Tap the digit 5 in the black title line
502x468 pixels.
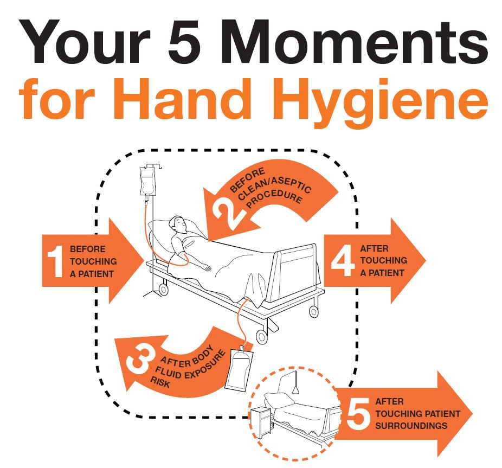point(185,42)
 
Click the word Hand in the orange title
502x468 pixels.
point(181,98)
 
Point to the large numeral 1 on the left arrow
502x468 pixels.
point(55,261)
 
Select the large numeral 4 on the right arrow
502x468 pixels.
point(343,260)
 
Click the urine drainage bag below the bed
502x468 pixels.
point(239,369)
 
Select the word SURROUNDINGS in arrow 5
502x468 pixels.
point(411,426)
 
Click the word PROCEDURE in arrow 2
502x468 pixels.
point(275,198)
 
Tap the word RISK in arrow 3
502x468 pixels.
point(160,382)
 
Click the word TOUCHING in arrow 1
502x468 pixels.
point(93,261)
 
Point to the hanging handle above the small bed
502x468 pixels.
point(296,384)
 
